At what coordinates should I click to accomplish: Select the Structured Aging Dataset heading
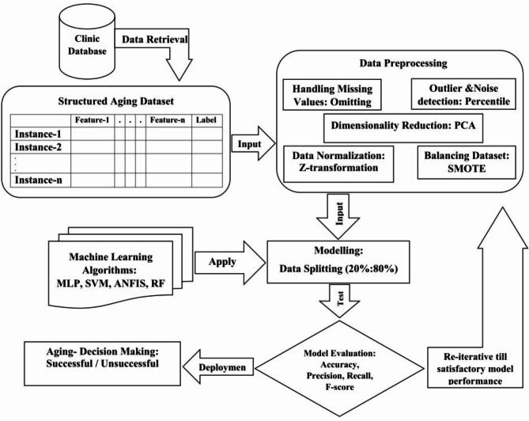point(117,101)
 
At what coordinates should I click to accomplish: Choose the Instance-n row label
point(40,181)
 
